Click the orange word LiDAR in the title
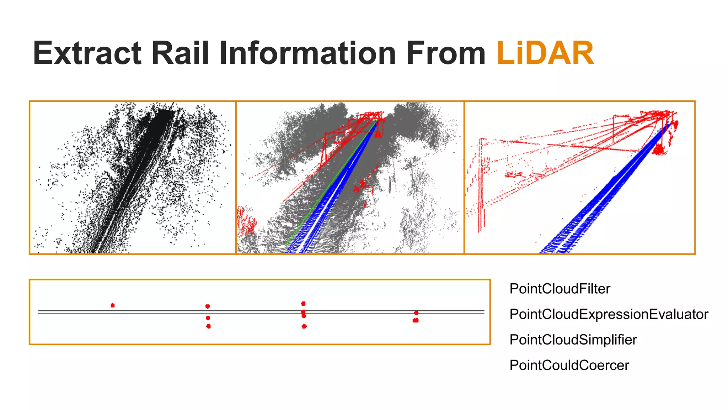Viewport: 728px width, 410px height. [x=545, y=53]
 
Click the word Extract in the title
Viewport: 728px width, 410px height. [x=87, y=53]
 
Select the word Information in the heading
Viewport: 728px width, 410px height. [x=307, y=53]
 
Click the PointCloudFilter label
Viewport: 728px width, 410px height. [x=560, y=289]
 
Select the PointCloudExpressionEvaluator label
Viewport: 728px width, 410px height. [x=609, y=314]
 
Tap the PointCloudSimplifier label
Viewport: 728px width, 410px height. [x=573, y=340]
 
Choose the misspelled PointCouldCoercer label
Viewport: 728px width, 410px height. [x=569, y=365]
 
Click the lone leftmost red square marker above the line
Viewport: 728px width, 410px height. [x=113, y=305]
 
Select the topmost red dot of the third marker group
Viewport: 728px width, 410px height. [x=303, y=304]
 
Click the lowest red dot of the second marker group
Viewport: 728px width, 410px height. [x=208, y=326]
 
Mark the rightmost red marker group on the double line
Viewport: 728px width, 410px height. [x=416, y=317]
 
